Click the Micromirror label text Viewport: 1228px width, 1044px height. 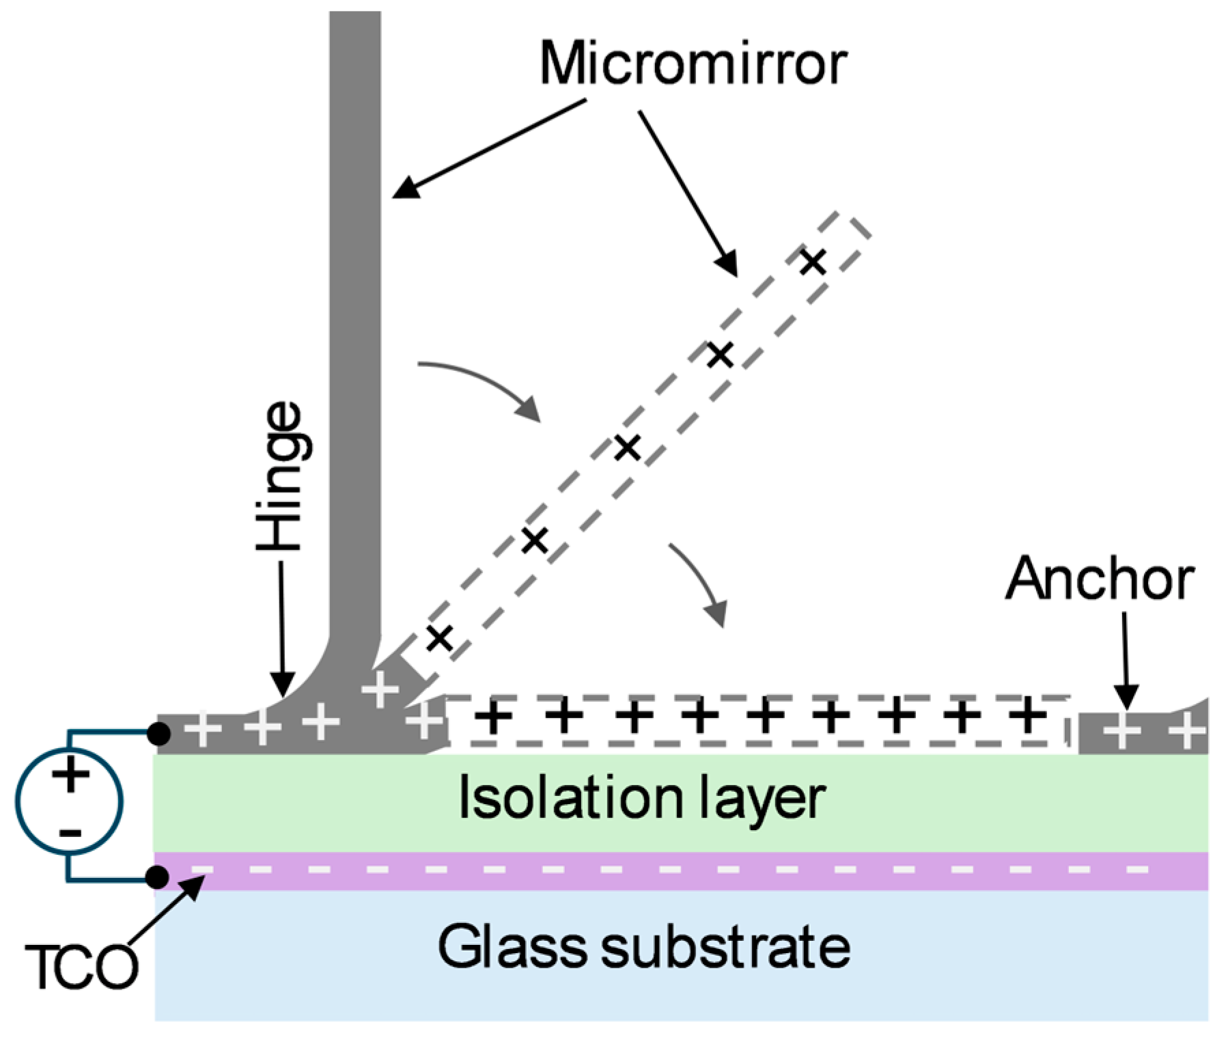point(693,64)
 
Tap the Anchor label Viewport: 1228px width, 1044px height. point(1099,579)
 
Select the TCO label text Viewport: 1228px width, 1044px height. point(81,967)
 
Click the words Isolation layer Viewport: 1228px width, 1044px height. point(641,798)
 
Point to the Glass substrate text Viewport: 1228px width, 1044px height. point(643,947)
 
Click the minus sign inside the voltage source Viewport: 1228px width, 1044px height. point(70,832)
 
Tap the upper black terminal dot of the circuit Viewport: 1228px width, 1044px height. point(159,734)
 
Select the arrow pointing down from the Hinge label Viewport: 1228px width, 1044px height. point(281,629)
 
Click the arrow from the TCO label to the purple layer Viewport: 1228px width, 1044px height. point(167,909)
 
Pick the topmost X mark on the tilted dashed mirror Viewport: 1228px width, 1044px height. point(813,261)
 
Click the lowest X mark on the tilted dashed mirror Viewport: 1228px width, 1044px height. point(440,638)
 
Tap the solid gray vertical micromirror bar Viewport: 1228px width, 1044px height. point(355,307)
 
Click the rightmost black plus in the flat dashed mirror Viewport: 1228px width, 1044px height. point(1029,716)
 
